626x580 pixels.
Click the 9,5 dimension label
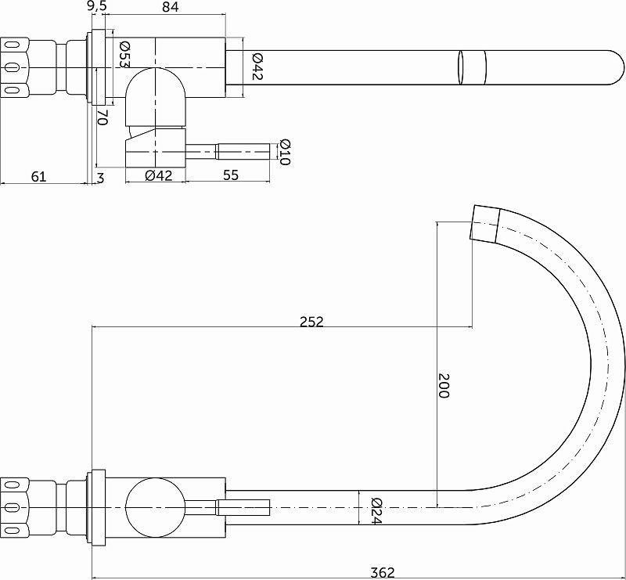coord(95,7)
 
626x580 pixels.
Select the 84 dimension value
coord(171,7)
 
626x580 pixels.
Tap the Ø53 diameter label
coord(125,54)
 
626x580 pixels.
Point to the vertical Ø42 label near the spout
coord(257,67)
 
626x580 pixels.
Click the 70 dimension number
coord(103,117)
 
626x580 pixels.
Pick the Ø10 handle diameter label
coord(285,152)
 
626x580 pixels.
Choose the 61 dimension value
coord(38,176)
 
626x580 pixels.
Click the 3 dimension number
coord(100,178)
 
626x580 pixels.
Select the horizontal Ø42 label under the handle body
coord(159,175)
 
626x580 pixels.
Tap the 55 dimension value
coord(231,175)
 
